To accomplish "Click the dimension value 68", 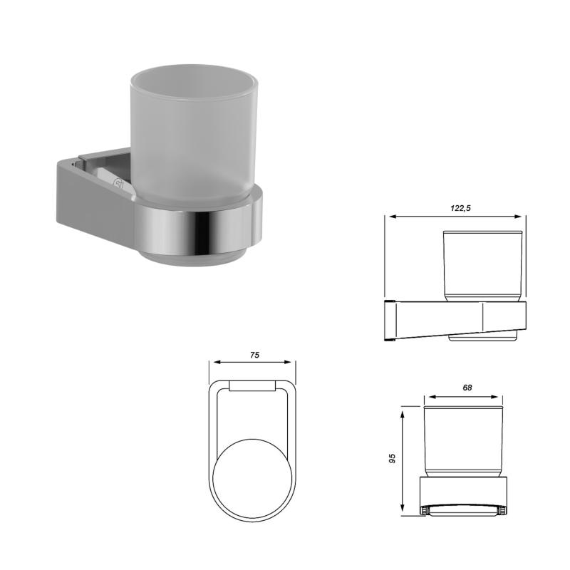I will (467, 388).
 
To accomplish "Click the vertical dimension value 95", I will (392, 459).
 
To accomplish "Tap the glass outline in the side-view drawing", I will (484, 264).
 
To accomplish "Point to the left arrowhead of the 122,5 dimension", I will (388, 217).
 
